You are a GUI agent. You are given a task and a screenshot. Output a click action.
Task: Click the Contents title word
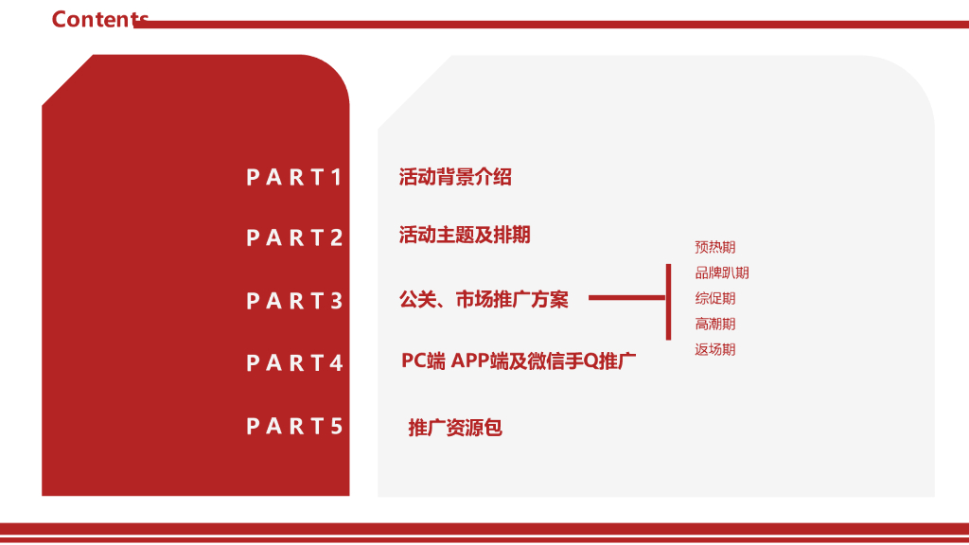pyautogui.click(x=99, y=19)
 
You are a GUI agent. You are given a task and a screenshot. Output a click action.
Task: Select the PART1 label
pyautogui.click(x=294, y=177)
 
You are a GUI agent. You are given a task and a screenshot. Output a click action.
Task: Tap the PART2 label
pyautogui.click(x=294, y=237)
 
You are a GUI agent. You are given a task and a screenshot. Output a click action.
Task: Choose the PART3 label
pyautogui.click(x=294, y=301)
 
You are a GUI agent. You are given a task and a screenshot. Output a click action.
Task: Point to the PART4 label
pyautogui.click(x=294, y=362)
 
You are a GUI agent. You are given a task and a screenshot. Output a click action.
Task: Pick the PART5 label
pyautogui.click(x=294, y=426)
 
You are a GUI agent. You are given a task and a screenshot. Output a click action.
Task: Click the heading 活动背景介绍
pyautogui.click(x=455, y=177)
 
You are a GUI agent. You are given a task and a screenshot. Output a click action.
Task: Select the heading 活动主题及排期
pyautogui.click(x=465, y=235)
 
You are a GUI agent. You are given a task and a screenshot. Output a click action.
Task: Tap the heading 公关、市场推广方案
pyautogui.click(x=484, y=300)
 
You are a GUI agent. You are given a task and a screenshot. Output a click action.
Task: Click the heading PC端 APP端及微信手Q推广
pyautogui.click(x=519, y=360)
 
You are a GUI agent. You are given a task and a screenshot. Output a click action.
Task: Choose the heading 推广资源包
pyautogui.click(x=455, y=428)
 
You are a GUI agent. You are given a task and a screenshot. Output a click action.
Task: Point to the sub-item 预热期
pyautogui.click(x=714, y=248)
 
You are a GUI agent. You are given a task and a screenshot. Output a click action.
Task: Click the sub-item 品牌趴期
pyautogui.click(x=722, y=273)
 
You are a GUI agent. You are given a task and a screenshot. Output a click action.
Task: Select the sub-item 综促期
pyautogui.click(x=714, y=299)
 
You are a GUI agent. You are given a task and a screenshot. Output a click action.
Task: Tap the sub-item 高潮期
pyautogui.click(x=714, y=325)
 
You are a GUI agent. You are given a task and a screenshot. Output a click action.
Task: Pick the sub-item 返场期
pyautogui.click(x=714, y=350)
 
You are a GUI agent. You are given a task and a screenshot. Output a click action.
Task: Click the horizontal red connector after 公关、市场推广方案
pyautogui.click(x=626, y=298)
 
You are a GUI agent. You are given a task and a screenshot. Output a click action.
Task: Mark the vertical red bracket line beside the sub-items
pyautogui.click(x=668, y=301)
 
